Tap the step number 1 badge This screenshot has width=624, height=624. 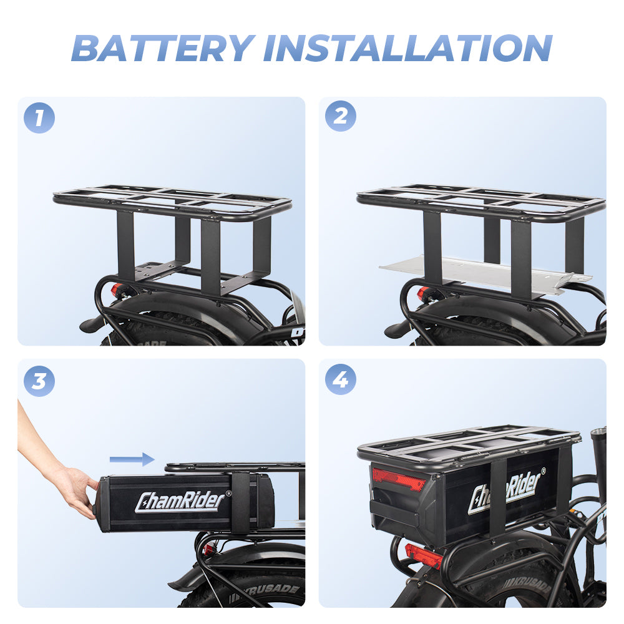click(39, 117)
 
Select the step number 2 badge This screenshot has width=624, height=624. click(341, 116)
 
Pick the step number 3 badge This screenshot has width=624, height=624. click(39, 380)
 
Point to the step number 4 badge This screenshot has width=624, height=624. click(341, 379)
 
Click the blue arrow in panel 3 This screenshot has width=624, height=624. click(132, 460)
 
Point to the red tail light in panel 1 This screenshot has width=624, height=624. click(118, 290)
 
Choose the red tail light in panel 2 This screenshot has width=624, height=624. click(423, 293)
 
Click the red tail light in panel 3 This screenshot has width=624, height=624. click(208, 548)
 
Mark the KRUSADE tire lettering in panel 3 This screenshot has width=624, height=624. click(275, 588)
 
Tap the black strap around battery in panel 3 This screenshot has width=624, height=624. click(240, 502)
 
